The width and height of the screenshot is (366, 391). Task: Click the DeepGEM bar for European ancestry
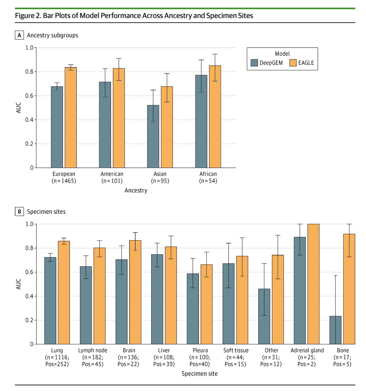pyautogui.click(x=57, y=127)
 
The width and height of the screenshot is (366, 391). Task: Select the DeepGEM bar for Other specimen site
pyautogui.click(x=264, y=316)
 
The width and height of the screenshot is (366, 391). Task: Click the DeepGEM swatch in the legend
pyautogui.click(x=254, y=63)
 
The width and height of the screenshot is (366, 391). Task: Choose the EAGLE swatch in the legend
pyautogui.click(x=293, y=63)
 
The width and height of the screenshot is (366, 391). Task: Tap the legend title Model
pyautogui.click(x=282, y=54)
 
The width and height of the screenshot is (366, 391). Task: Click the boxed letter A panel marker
pyautogui.click(x=19, y=35)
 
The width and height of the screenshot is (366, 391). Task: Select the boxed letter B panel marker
pyautogui.click(x=19, y=212)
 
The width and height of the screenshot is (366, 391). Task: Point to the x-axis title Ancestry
pyautogui.click(x=136, y=191)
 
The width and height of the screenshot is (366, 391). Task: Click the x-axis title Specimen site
pyautogui.click(x=200, y=374)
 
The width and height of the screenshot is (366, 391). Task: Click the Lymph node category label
pyautogui.click(x=92, y=351)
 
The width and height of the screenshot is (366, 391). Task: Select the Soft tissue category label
pyautogui.click(x=236, y=351)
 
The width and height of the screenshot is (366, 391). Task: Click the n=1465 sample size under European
pyautogui.click(x=64, y=181)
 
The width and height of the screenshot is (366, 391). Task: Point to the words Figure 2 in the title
pyautogui.click(x=28, y=15)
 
